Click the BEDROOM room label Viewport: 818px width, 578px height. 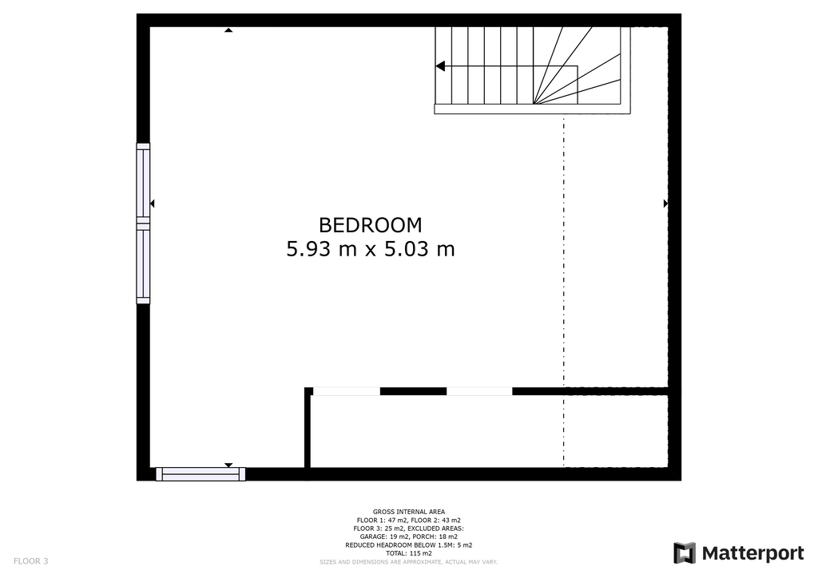click(x=370, y=225)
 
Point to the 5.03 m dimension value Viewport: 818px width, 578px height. click(x=419, y=249)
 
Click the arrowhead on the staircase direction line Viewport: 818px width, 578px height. click(x=440, y=66)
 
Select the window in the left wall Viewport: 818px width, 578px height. click(x=143, y=223)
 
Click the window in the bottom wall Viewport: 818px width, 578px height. click(x=201, y=474)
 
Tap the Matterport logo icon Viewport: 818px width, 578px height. click(x=685, y=553)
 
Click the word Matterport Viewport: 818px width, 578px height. click(x=752, y=553)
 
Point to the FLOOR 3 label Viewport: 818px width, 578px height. click(x=31, y=561)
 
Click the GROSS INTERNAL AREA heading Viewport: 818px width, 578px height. click(x=409, y=512)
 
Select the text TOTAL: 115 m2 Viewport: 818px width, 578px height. click(x=409, y=553)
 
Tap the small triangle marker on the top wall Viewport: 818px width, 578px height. click(x=228, y=30)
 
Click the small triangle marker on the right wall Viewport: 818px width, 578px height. click(x=665, y=204)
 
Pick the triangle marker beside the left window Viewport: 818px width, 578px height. click(x=153, y=204)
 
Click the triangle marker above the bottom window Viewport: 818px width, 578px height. click(x=228, y=465)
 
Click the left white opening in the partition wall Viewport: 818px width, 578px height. click(x=347, y=391)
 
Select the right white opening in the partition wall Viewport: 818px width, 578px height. click(x=479, y=391)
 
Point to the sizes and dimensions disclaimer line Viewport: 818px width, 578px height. click(x=409, y=562)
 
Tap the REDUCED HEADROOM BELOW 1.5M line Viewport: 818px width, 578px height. click(x=409, y=545)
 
